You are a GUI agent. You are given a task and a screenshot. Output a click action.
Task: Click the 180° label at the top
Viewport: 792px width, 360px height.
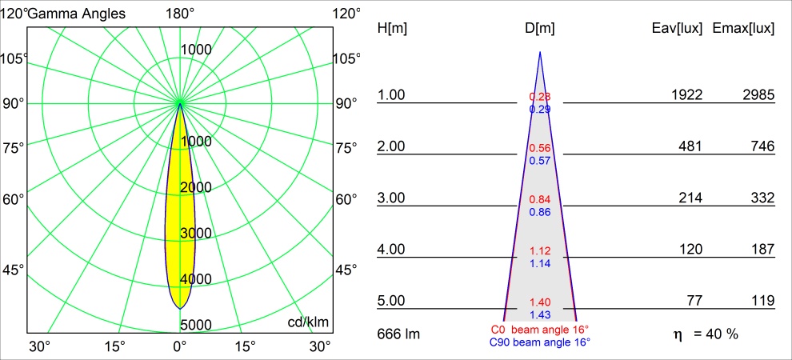point(180,14)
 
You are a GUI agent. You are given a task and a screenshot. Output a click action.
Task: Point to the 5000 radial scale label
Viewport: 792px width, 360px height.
point(196,324)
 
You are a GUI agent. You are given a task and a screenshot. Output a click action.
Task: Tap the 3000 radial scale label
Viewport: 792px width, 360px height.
point(196,233)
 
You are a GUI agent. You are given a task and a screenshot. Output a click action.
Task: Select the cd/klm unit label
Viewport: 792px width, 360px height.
point(308,322)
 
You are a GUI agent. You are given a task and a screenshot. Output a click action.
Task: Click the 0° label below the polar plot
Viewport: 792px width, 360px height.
point(180,346)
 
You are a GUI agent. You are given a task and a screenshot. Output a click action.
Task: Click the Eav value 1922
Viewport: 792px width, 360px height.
point(686,95)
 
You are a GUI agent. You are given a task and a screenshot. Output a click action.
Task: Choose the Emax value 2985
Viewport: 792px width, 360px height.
point(758,95)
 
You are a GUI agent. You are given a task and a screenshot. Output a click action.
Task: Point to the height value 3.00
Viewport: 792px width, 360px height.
point(392,198)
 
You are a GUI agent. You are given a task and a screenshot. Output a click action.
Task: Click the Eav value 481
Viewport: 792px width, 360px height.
point(690,146)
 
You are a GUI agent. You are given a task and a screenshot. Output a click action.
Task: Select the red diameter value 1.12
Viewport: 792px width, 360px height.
point(540,251)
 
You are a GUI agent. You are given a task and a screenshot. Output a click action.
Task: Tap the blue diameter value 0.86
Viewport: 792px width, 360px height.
point(540,212)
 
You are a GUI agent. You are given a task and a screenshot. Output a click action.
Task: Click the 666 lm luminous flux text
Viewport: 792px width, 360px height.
point(399,333)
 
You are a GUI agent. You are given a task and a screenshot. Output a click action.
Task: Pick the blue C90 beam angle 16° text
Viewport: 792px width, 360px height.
point(540,342)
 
